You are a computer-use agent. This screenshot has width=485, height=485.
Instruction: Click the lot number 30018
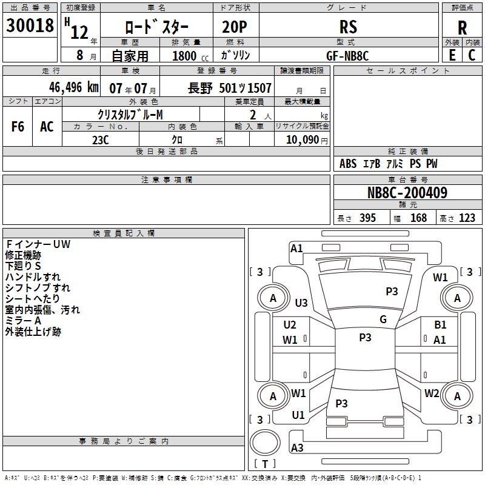point(30,25)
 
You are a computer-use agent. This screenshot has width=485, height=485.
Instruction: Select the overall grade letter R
point(462,27)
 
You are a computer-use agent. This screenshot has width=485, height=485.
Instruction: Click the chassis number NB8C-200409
point(407,193)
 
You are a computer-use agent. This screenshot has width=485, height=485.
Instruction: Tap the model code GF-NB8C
point(347,55)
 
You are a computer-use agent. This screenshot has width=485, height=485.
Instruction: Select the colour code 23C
point(100,139)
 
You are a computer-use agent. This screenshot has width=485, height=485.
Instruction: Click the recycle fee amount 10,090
point(298,139)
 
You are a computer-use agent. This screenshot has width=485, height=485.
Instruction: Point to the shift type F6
point(18,127)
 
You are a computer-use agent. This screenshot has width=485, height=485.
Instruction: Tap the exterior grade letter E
point(452,55)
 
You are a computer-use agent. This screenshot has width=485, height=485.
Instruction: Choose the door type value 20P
point(236,27)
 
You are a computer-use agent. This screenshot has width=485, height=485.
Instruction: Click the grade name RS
point(348,27)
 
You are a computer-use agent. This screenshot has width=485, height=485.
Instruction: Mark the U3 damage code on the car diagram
point(301,303)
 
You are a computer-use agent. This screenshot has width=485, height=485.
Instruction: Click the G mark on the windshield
point(383,319)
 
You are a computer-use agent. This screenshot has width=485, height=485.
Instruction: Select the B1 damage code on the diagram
point(440,325)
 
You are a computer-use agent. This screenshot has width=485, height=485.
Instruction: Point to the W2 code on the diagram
point(432,393)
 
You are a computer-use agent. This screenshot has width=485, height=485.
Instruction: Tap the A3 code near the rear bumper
point(297,448)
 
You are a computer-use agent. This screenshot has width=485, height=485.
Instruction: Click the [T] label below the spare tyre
point(264,464)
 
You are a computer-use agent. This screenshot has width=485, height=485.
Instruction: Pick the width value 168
point(418,218)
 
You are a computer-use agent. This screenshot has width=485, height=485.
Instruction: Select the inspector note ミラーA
point(23,321)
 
